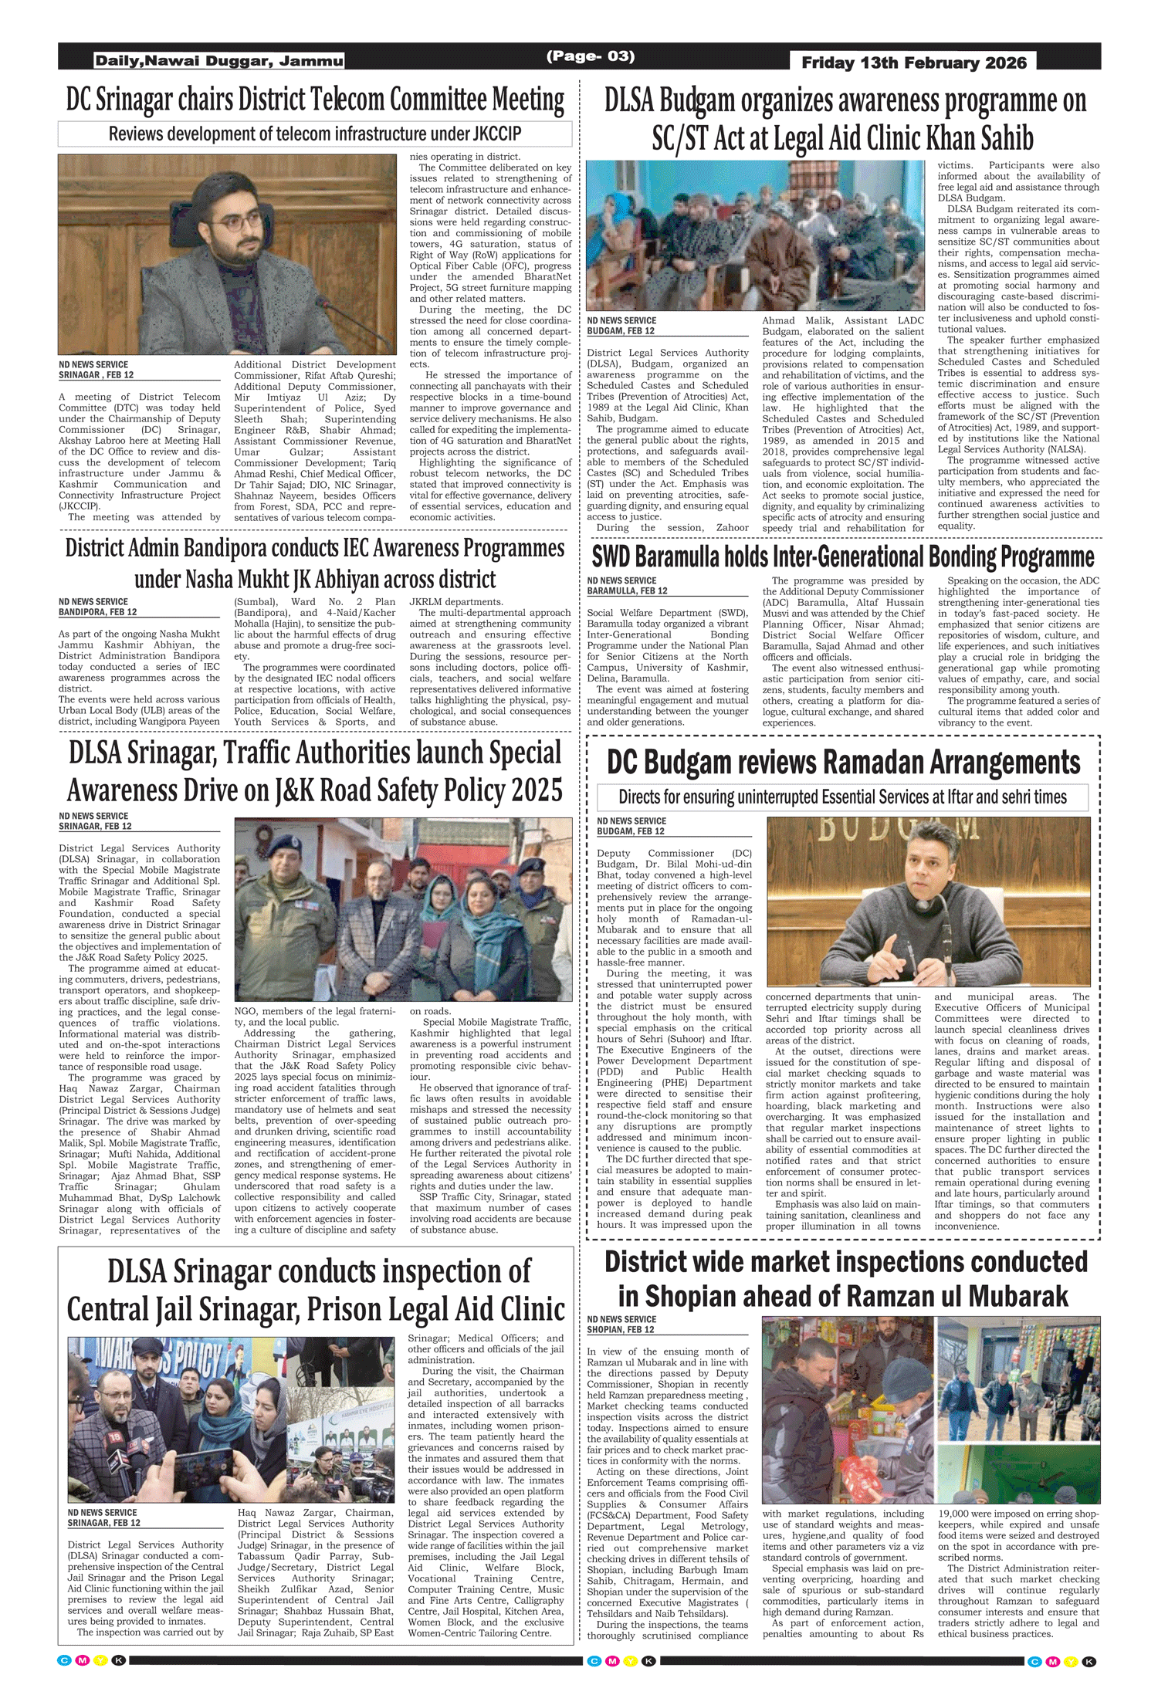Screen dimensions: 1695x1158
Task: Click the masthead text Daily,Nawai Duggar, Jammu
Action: (x=219, y=61)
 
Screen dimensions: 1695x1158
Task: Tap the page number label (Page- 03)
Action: (x=590, y=56)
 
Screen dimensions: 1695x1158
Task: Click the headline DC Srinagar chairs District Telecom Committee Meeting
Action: (x=315, y=100)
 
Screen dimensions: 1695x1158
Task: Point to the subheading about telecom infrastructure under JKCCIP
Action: (x=315, y=134)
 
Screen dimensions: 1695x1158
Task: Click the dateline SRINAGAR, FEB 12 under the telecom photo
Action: (x=96, y=375)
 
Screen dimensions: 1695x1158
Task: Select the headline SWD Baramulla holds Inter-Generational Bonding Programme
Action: (x=843, y=557)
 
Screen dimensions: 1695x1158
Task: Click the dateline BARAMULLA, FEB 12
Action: (x=627, y=591)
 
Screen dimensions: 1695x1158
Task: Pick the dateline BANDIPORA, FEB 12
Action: (x=97, y=612)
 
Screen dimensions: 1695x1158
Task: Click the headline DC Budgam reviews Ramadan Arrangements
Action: (x=843, y=763)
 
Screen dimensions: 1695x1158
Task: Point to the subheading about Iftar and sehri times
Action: (x=842, y=797)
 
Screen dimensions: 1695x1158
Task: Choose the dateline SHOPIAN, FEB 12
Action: (x=620, y=1330)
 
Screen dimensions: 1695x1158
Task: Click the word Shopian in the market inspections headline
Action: (x=696, y=1296)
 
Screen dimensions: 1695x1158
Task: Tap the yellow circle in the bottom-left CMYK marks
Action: (x=100, y=1660)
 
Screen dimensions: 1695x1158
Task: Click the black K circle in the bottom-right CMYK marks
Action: (x=1089, y=1661)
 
